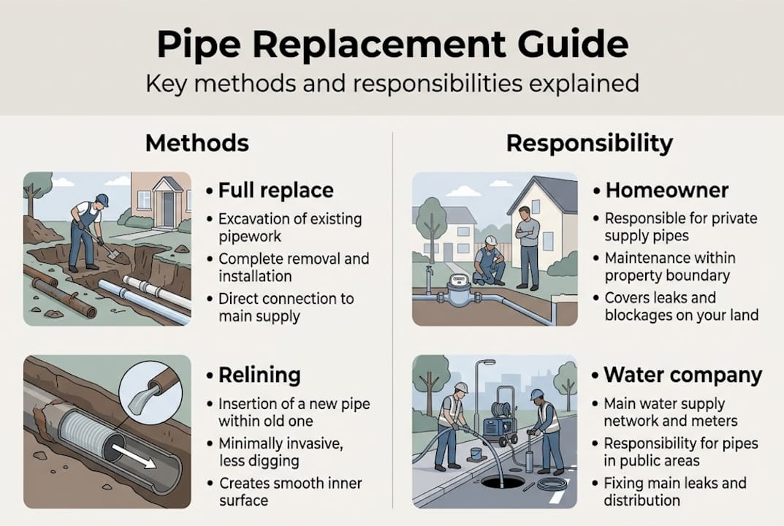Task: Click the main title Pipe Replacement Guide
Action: pos(392,45)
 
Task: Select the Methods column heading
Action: pos(197,142)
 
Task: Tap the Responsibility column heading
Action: pos(589,143)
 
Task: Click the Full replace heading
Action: pos(275,191)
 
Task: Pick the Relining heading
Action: pos(259,376)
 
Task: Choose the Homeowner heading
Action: pos(666,191)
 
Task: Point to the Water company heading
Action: pos(682,376)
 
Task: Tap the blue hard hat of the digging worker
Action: pos(102,200)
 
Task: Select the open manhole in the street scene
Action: pos(503,482)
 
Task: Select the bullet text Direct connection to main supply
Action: pos(286,308)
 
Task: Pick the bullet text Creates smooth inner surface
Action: pos(290,492)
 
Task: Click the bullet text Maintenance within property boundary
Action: pos(669,267)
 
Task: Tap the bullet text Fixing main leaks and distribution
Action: pos(674,492)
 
